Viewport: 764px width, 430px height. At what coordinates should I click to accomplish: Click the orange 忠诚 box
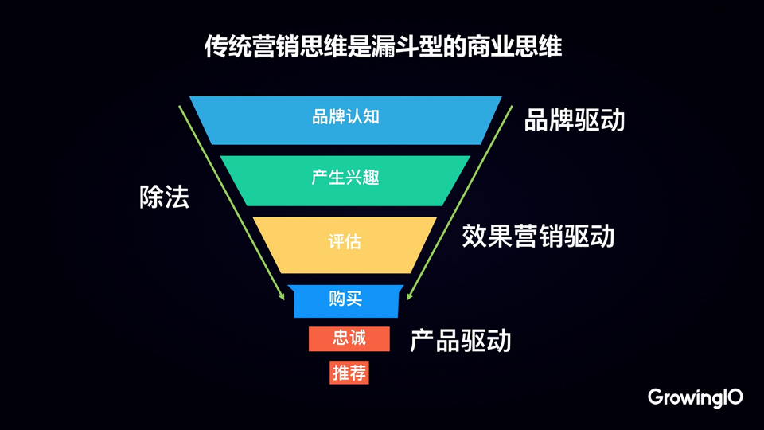(349, 338)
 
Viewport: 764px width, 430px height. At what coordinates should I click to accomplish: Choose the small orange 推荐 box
(349, 372)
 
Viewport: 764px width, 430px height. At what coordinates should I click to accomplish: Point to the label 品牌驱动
(574, 120)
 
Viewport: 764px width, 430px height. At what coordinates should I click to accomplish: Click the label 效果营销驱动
(538, 236)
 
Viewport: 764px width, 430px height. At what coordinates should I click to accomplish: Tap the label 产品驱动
(460, 341)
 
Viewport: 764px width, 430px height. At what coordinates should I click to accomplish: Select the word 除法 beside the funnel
(164, 197)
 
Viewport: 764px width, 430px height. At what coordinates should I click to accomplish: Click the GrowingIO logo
(695, 397)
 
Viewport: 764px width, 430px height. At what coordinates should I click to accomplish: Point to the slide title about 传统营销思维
(383, 47)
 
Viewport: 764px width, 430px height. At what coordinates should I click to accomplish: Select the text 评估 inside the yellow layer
(345, 241)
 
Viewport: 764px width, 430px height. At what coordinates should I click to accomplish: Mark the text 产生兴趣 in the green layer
(345, 177)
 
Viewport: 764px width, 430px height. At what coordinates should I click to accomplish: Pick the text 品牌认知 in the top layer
(345, 117)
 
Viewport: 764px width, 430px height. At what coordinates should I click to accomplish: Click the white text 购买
(345, 299)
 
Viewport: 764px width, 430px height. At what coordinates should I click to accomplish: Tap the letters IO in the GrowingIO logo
(732, 396)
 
